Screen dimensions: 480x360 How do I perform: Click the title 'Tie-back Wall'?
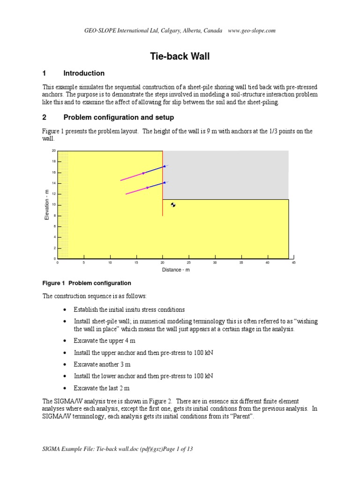tap(180, 57)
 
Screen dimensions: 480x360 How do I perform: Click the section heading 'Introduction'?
tap(84, 73)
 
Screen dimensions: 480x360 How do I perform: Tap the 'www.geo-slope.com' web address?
tap(252, 30)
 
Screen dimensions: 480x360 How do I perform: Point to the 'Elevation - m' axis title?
tap(46, 204)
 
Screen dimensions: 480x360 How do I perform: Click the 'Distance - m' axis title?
tap(176, 270)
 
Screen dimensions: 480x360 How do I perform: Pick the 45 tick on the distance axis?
tap(293, 262)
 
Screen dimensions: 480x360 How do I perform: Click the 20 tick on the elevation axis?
tap(53, 151)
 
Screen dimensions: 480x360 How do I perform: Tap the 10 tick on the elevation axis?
tap(53, 205)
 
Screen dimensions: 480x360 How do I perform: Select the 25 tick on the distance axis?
tap(188, 262)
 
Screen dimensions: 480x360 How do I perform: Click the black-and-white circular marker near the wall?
tap(173, 205)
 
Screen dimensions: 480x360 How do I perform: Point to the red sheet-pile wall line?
tap(163, 197)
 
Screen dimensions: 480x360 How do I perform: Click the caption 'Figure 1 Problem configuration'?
tap(87, 283)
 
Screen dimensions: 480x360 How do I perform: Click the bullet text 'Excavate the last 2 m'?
tap(101, 389)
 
